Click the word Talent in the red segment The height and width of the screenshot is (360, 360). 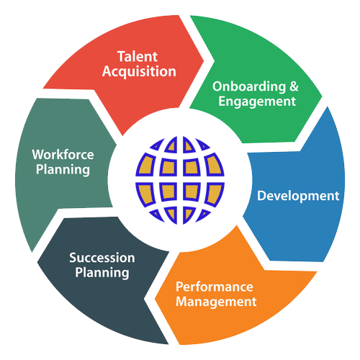coord(138,57)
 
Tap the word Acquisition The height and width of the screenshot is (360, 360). coord(139,72)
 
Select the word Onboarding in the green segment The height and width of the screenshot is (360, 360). coord(249,86)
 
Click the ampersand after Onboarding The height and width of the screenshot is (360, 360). coord(294,86)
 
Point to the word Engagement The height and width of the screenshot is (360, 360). coord(257,102)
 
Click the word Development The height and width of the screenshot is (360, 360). coord(298,196)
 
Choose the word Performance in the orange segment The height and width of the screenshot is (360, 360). coord(215,287)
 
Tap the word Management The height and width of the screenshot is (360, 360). coord(216,302)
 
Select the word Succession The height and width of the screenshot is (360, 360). coord(102,258)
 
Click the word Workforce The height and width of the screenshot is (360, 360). coord(63,155)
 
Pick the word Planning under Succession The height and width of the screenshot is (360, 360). coord(102,273)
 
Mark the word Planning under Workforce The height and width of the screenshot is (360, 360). coord(63,170)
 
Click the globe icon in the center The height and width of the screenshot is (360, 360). coord(180,180)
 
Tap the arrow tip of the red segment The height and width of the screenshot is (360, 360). coord(204,60)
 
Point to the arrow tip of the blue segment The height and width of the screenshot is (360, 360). coord(243,216)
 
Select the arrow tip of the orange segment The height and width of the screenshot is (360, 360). coord(155,299)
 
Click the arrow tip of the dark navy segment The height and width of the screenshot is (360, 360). coord(37,262)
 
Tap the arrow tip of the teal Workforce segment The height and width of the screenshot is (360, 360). coord(117,145)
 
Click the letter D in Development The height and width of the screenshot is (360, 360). coord(262,196)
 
